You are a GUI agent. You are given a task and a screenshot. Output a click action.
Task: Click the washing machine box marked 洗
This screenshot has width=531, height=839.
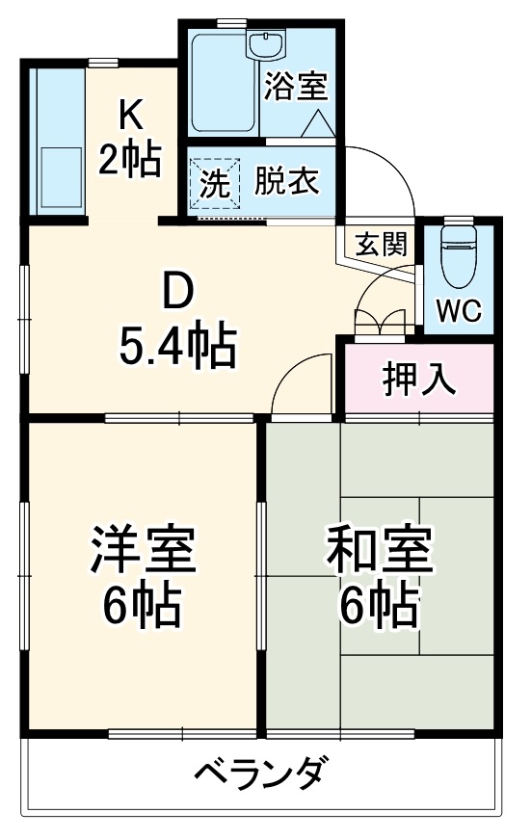215,183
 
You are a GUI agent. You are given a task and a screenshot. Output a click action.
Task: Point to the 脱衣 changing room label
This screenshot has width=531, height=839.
286,182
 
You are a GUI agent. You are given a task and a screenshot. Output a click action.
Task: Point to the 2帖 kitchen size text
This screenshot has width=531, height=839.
129,159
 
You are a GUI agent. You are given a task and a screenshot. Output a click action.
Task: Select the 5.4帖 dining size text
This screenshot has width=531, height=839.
177,347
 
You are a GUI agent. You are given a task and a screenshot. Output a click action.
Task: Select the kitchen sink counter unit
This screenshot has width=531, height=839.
59,140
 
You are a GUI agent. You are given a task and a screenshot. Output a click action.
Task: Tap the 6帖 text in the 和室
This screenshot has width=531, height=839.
379,604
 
